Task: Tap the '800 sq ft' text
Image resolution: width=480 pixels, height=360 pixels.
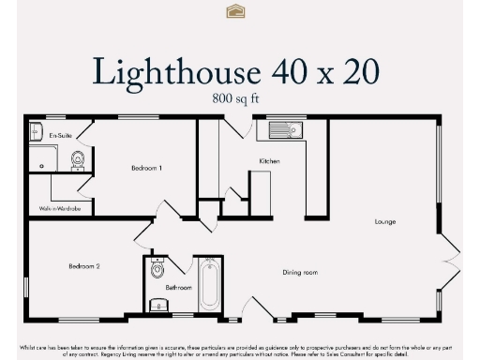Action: pos(239,97)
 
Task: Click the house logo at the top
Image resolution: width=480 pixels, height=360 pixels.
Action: pos(235,11)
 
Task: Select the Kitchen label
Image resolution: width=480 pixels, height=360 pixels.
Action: pos(269,161)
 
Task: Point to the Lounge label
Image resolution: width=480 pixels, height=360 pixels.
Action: pos(384,221)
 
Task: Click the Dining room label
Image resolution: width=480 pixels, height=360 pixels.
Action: pos(301,273)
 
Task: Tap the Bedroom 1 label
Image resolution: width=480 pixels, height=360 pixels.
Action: pos(146,167)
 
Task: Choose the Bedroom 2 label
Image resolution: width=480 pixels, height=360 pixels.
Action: pos(83,266)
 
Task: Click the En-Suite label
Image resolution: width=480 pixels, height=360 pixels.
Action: pos(60,136)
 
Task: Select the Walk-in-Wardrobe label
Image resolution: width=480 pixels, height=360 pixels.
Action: pos(59,208)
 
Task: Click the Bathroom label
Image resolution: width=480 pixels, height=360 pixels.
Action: pos(178,287)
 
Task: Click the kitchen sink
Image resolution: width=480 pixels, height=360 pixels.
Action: pos(281,130)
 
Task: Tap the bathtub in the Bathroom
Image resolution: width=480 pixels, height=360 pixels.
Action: pos(208,286)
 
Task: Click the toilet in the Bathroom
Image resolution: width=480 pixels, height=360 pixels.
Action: pos(157,272)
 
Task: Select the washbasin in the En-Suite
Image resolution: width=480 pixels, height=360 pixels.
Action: pos(36,129)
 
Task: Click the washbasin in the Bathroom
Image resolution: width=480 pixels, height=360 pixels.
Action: pos(156,305)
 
